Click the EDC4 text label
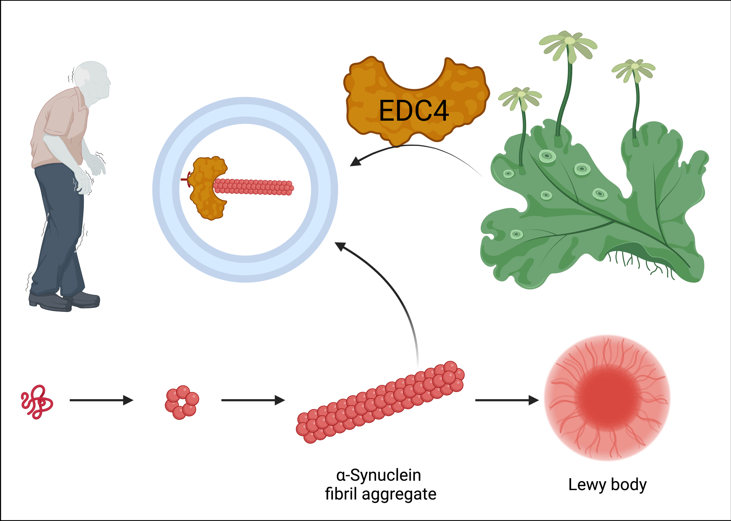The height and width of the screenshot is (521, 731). [x=413, y=111]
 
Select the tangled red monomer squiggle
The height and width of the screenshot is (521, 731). [x=37, y=401]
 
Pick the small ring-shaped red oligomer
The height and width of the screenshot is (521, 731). [x=182, y=402]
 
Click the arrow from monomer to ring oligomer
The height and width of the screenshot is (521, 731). [x=101, y=400]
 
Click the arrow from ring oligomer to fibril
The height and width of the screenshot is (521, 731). [x=253, y=400]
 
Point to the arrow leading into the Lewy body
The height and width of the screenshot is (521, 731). [x=507, y=400]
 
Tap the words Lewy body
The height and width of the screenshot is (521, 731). [x=607, y=485]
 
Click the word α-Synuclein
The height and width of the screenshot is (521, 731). [x=379, y=475]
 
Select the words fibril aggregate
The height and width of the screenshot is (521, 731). [x=380, y=494]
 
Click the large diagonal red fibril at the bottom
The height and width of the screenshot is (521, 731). [x=380, y=402]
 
